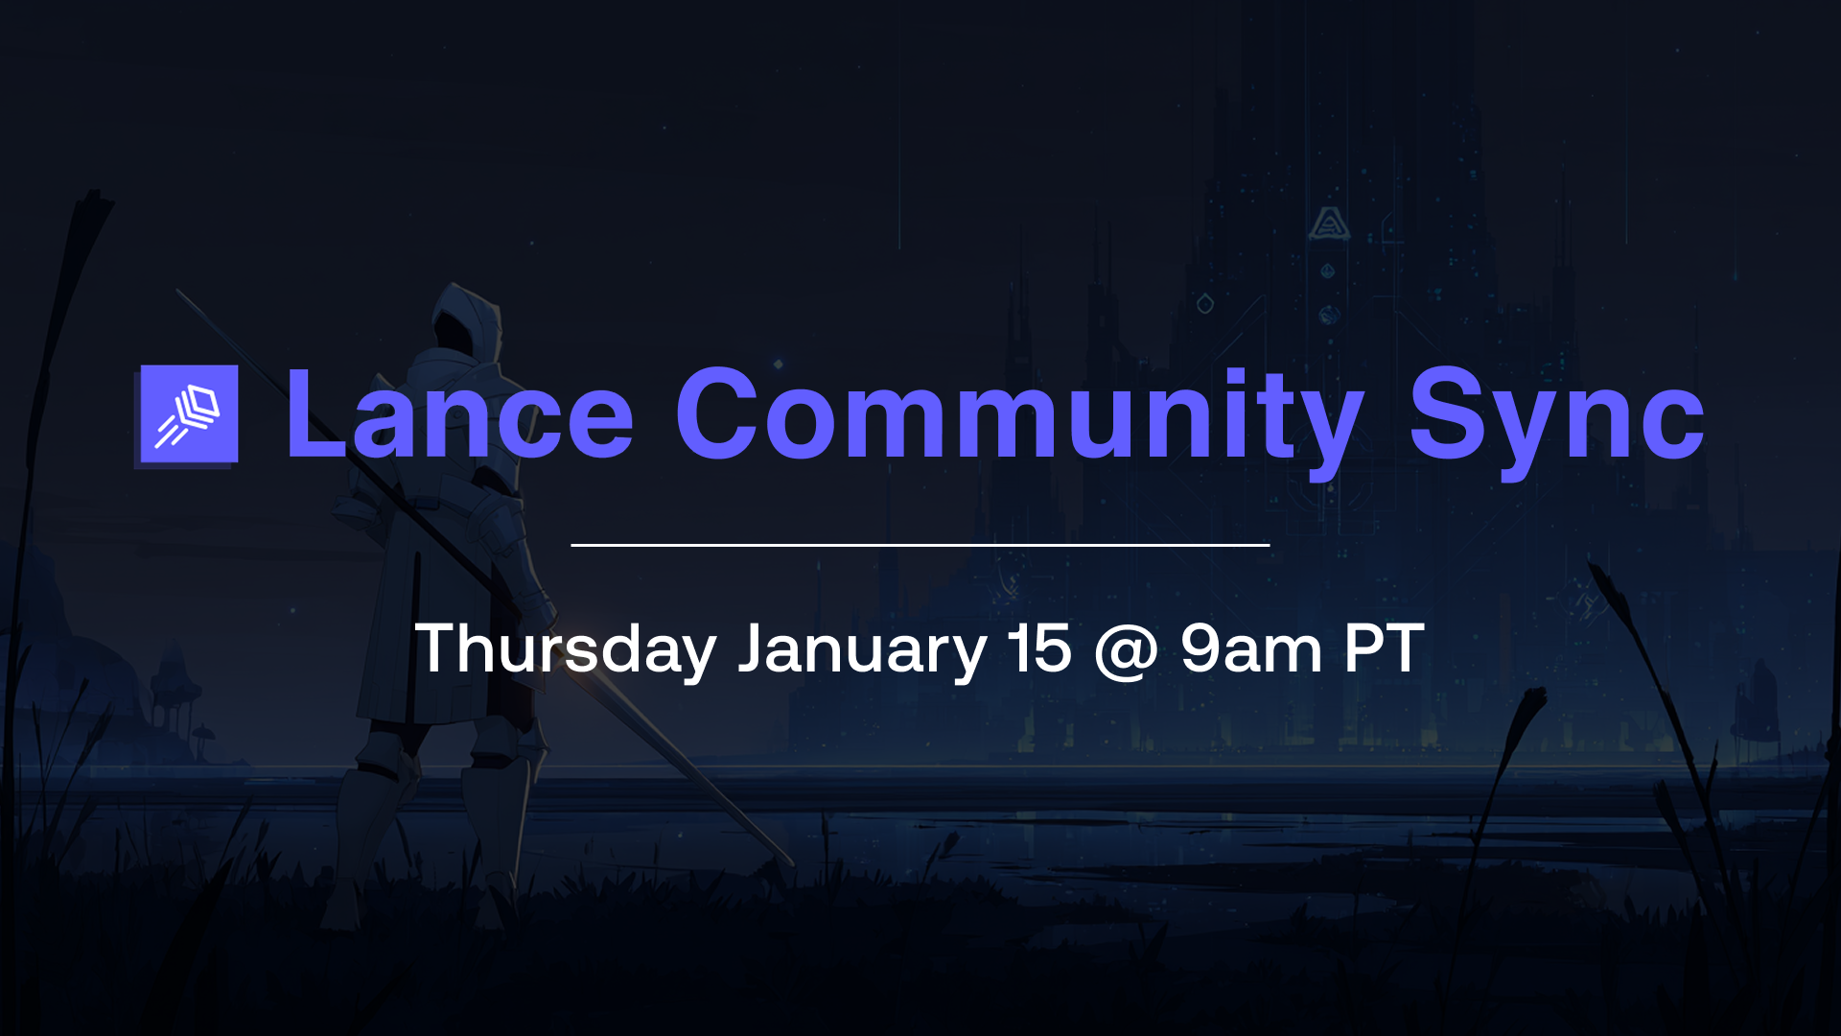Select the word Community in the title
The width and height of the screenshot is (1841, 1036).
(1018, 414)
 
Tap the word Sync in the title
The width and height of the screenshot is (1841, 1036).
(1555, 414)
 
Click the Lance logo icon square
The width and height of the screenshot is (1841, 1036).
(189, 414)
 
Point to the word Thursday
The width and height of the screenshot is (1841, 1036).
(566, 649)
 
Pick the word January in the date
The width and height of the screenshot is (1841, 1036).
(862, 649)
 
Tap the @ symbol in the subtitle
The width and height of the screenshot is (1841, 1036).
(1126, 651)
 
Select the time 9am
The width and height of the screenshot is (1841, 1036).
(1251, 649)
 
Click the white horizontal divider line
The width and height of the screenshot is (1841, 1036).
(920, 545)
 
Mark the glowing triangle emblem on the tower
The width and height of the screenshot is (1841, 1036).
(1329, 224)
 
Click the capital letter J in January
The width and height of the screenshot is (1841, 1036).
(754, 649)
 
